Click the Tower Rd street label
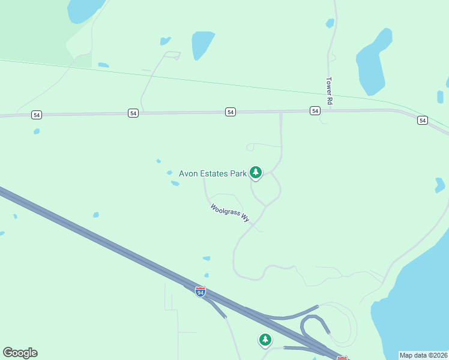click(329, 91)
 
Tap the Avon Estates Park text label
click(213, 174)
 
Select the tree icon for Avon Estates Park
click(256, 173)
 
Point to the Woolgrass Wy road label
click(230, 213)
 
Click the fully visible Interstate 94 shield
click(200, 292)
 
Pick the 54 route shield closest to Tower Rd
click(315, 111)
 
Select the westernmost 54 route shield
click(37, 115)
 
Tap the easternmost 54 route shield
click(423, 121)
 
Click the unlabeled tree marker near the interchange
click(265, 340)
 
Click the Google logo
click(20, 353)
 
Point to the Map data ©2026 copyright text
click(423, 355)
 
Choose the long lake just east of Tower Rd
click(373, 63)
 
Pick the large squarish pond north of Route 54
click(203, 45)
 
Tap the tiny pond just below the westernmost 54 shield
click(37, 131)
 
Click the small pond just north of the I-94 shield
click(206, 259)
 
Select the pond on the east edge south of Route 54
click(440, 185)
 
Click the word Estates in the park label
click(214, 174)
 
